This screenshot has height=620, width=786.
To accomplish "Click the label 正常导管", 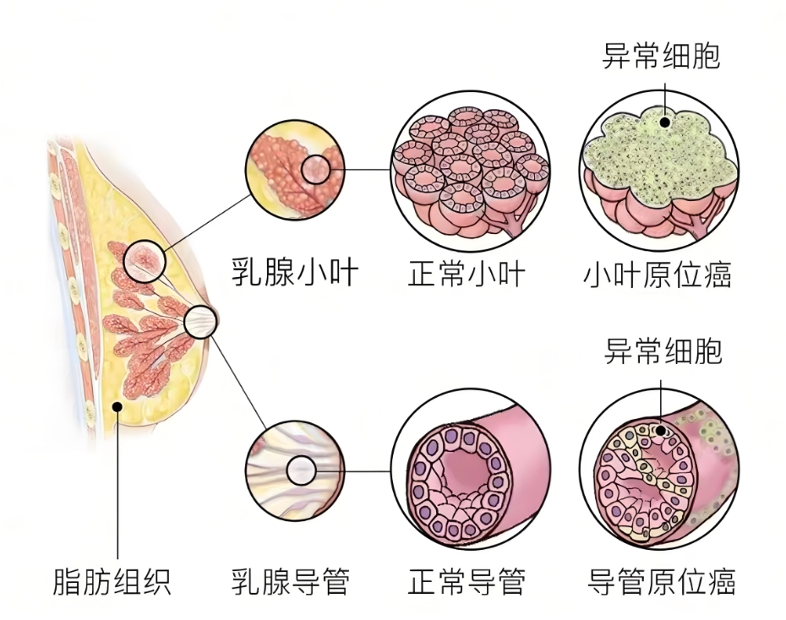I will [x=467, y=582].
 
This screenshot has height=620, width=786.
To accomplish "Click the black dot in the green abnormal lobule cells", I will [x=665, y=122].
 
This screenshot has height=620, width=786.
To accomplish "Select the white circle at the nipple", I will [x=200, y=321].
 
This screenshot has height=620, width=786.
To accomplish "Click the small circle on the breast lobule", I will [x=142, y=259].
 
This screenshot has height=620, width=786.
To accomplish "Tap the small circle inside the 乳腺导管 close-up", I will [x=302, y=470].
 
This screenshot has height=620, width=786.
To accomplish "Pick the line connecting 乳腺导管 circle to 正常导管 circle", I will [x=355, y=470].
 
